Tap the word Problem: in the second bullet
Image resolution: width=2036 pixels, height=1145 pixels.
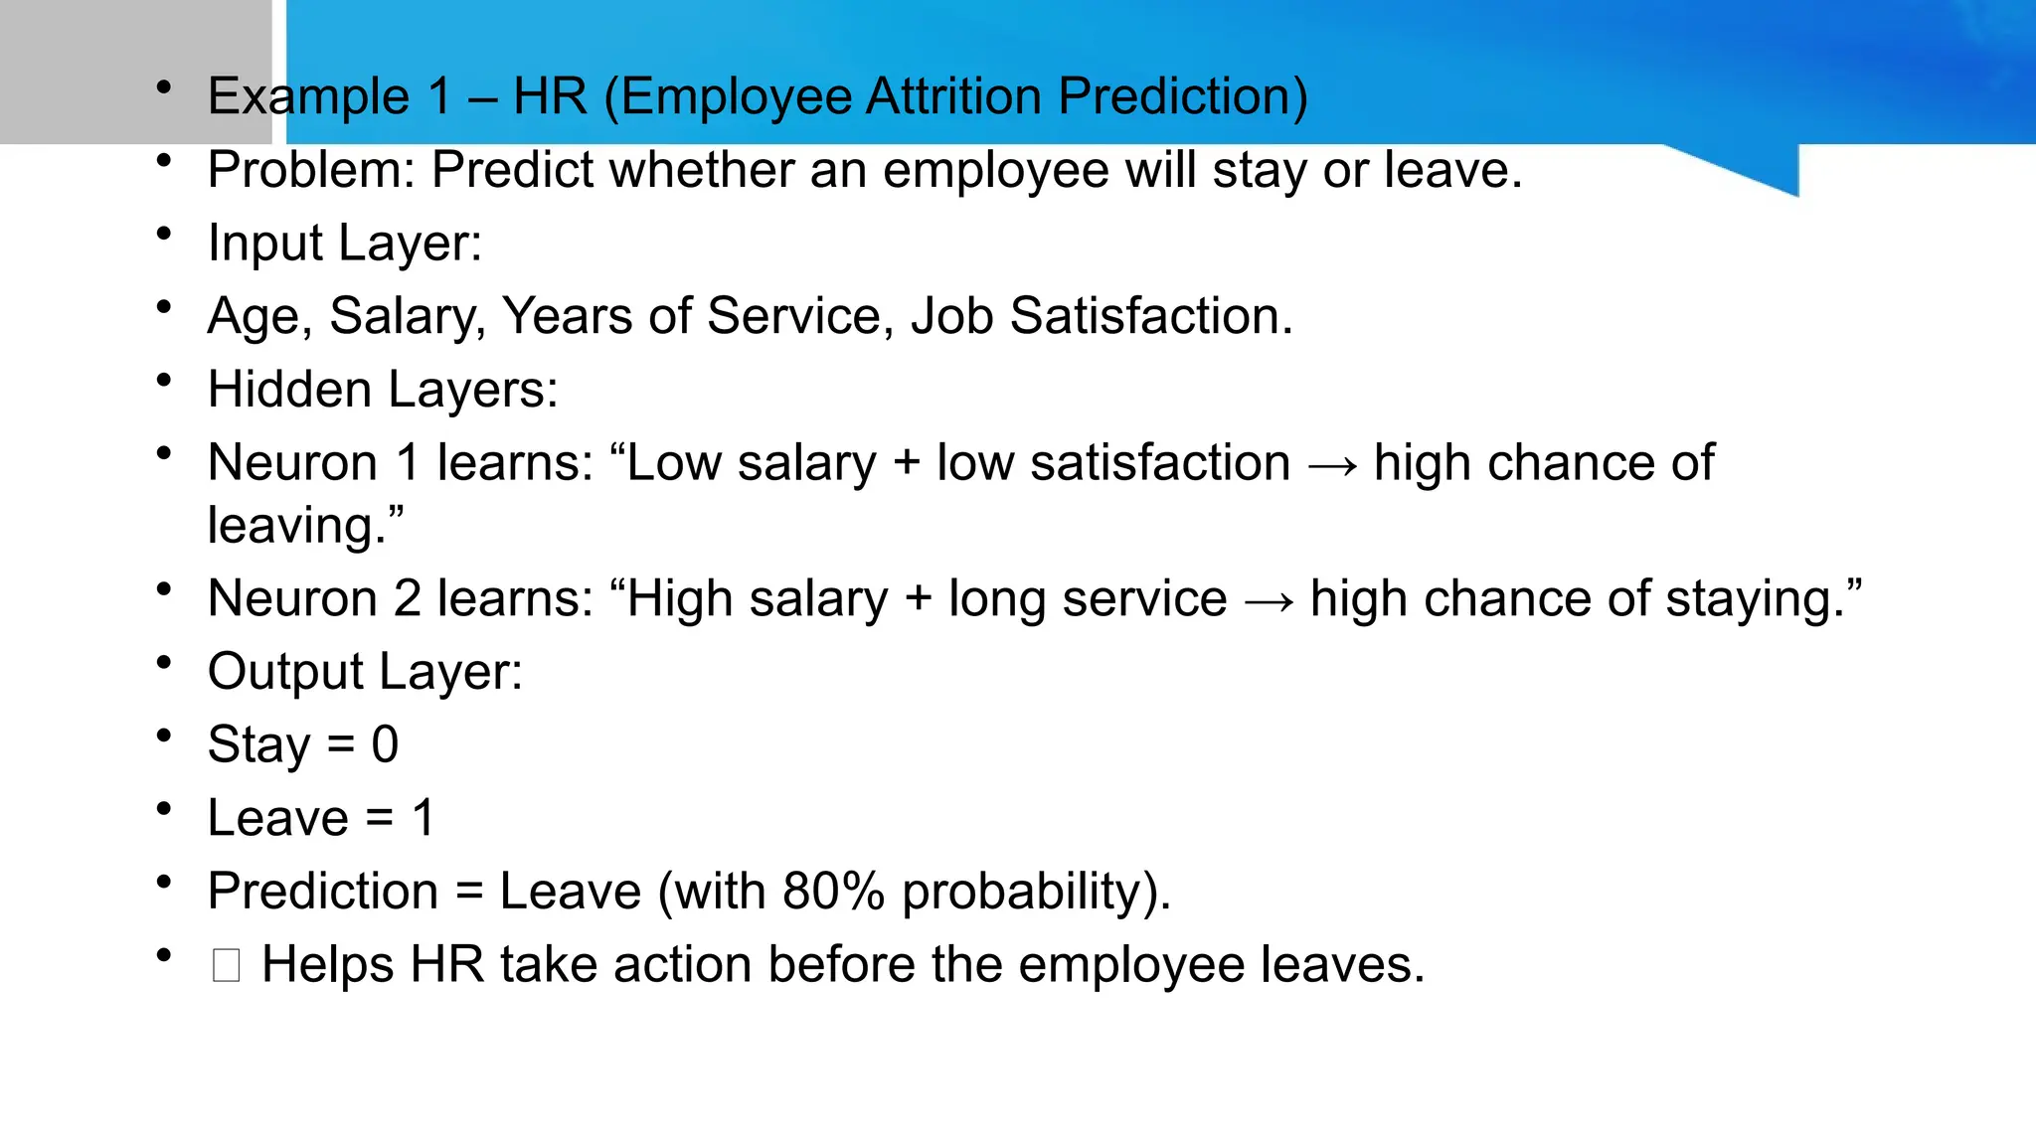click(311, 170)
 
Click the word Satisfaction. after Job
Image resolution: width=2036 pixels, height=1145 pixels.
click(1151, 316)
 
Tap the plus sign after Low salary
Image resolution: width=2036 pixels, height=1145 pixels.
click(906, 463)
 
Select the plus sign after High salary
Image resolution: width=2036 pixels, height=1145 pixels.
click(918, 599)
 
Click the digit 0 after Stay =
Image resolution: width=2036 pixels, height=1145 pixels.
click(385, 744)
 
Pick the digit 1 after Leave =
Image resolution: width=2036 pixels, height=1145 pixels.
click(424, 818)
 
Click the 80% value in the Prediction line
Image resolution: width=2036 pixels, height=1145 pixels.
click(833, 891)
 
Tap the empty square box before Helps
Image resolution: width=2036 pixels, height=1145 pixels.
click(226, 965)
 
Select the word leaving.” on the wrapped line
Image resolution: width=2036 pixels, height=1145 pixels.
click(305, 525)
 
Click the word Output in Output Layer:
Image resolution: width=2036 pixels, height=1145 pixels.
click(285, 672)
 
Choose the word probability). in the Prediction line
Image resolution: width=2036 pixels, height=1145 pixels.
click(1036, 892)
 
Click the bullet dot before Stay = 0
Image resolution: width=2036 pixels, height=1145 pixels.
click(164, 736)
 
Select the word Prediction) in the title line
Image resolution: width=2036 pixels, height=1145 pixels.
click(1182, 96)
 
